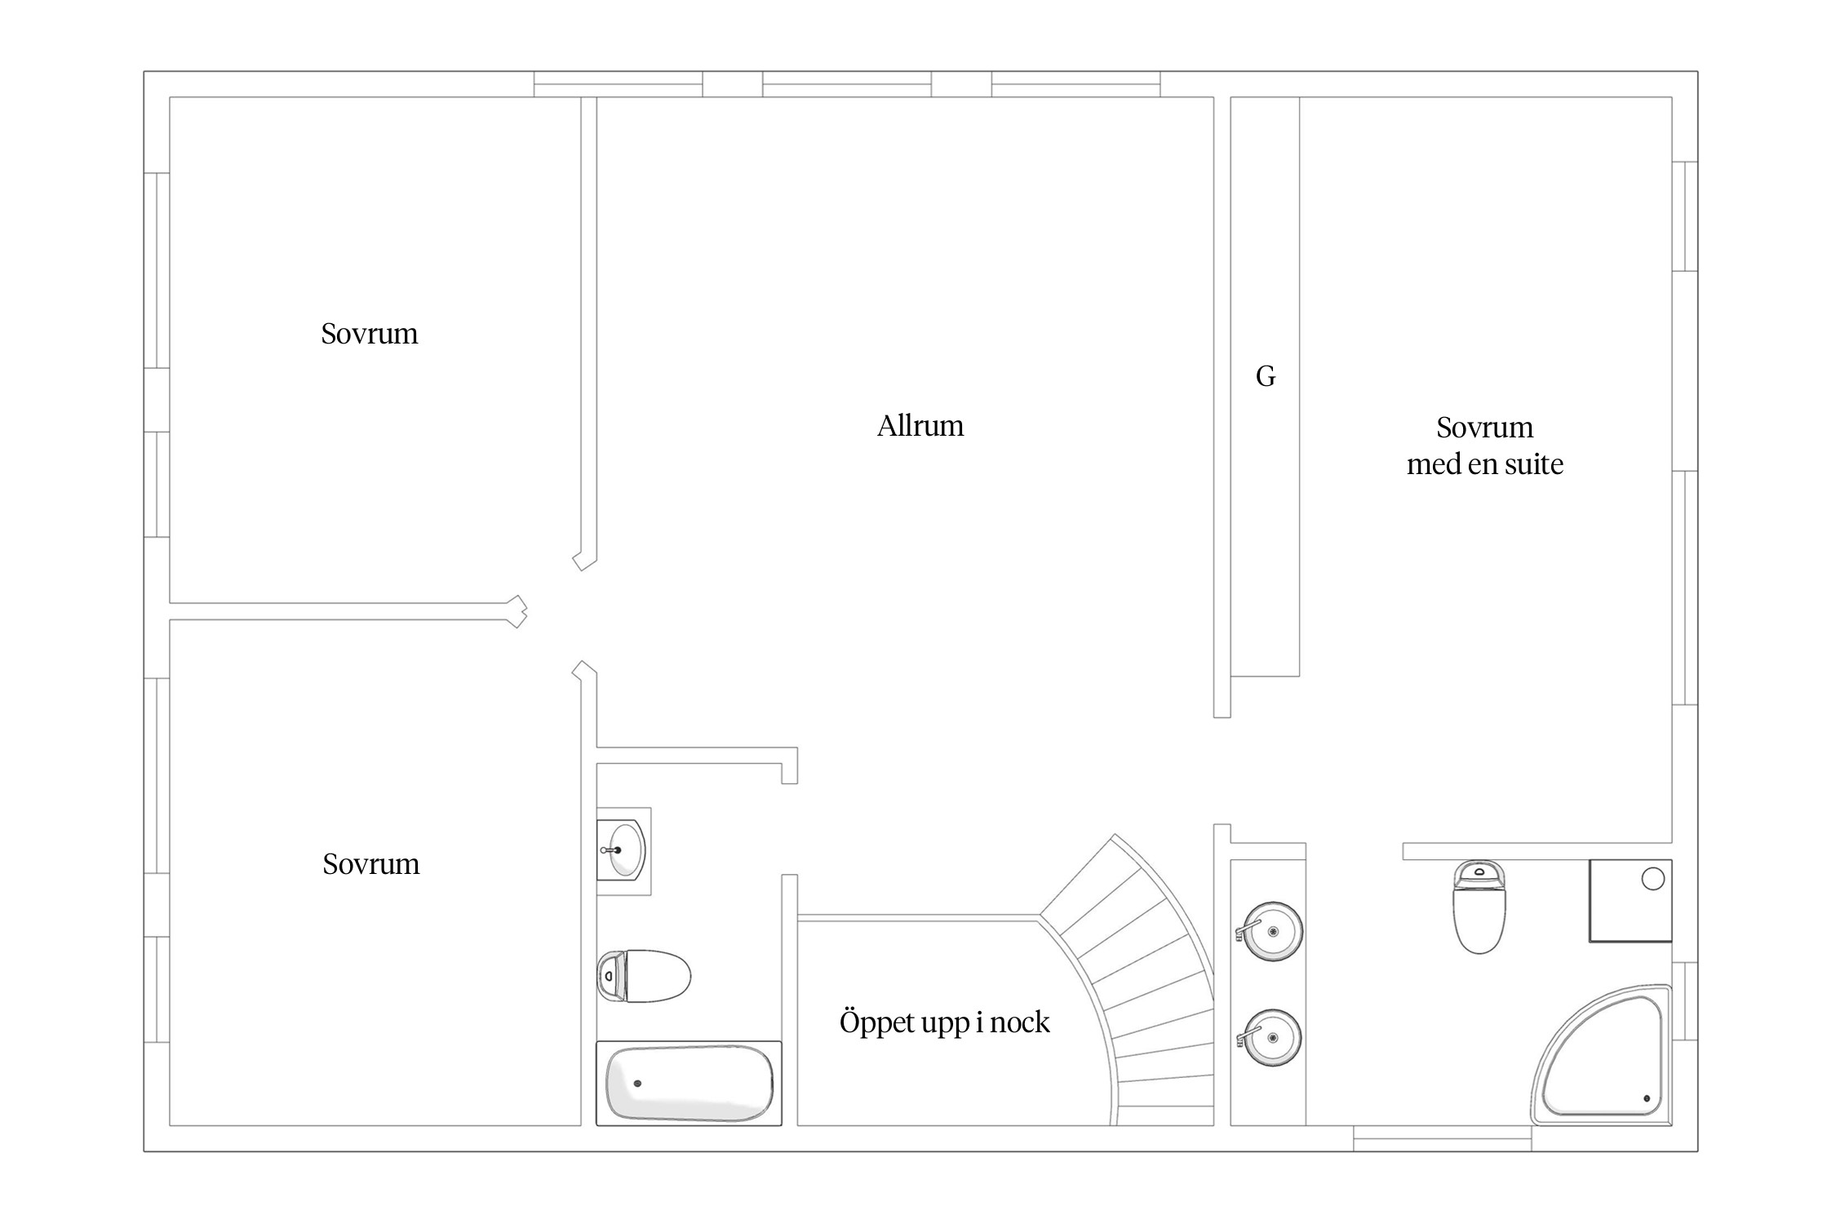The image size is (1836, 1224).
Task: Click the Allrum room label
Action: click(x=920, y=426)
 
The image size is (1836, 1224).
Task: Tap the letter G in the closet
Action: click(x=1266, y=376)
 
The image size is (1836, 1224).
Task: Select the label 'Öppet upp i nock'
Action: click(x=944, y=1022)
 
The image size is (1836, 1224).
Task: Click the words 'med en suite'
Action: click(x=1485, y=464)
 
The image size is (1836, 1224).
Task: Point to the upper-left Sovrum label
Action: click(x=370, y=334)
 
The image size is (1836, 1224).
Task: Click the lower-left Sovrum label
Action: click(x=371, y=864)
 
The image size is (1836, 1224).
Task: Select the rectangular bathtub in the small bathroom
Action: click(x=689, y=1084)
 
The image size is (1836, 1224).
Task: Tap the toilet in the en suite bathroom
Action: click(x=1479, y=907)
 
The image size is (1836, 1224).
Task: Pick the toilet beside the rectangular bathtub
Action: click(x=645, y=975)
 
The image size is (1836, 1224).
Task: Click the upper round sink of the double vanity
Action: click(x=1270, y=931)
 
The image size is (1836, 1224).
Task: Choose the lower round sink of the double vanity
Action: click(x=1270, y=1038)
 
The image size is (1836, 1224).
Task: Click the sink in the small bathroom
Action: click(x=622, y=849)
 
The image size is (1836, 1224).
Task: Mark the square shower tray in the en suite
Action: click(x=1630, y=901)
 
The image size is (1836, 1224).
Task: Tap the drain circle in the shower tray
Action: click(x=1652, y=879)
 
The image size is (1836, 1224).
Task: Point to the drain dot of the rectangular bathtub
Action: click(x=637, y=1084)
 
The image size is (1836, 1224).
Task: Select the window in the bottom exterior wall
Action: click(x=1442, y=1139)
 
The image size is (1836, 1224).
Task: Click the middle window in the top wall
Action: click(x=847, y=84)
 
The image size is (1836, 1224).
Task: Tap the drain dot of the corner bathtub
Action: click(x=1647, y=1098)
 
